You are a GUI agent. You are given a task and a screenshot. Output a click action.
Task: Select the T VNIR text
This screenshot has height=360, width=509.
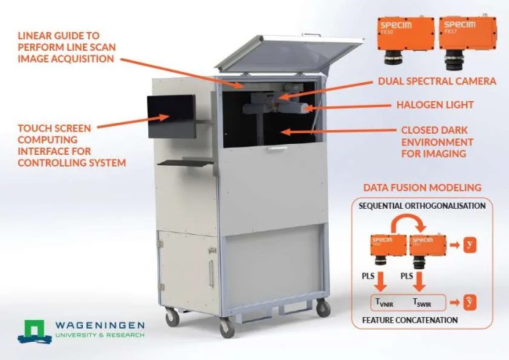(x=384, y=301)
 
